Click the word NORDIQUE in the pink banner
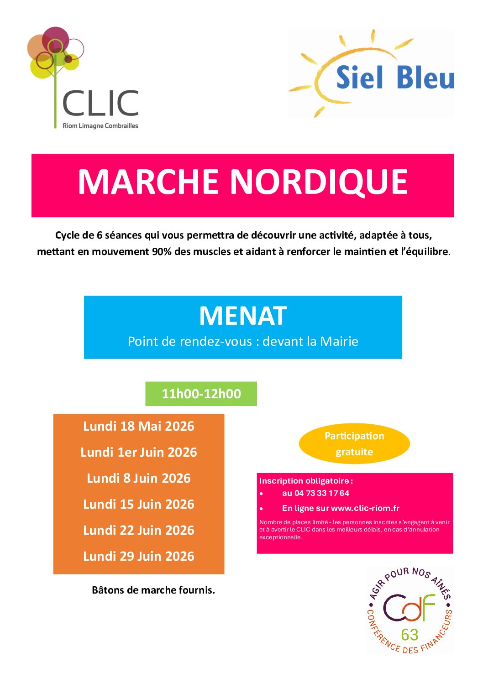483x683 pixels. [318, 182]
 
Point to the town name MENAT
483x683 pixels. [243, 316]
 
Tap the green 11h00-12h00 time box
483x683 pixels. [201, 394]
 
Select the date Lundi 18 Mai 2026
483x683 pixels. [139, 426]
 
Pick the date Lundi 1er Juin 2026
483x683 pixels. [139, 452]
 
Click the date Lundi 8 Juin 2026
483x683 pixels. [139, 478]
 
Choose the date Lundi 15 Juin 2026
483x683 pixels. [139, 504]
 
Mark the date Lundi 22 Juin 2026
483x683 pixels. [139, 530]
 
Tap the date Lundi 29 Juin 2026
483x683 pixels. [139, 556]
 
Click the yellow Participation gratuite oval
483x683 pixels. [354, 443]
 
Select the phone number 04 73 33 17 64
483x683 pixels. [322, 493]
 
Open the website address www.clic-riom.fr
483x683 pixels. [365, 508]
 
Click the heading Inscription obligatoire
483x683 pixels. [305, 481]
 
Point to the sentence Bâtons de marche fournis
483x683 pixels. [153, 590]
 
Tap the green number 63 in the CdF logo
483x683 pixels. [409, 635]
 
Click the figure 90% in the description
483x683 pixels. [162, 251]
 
